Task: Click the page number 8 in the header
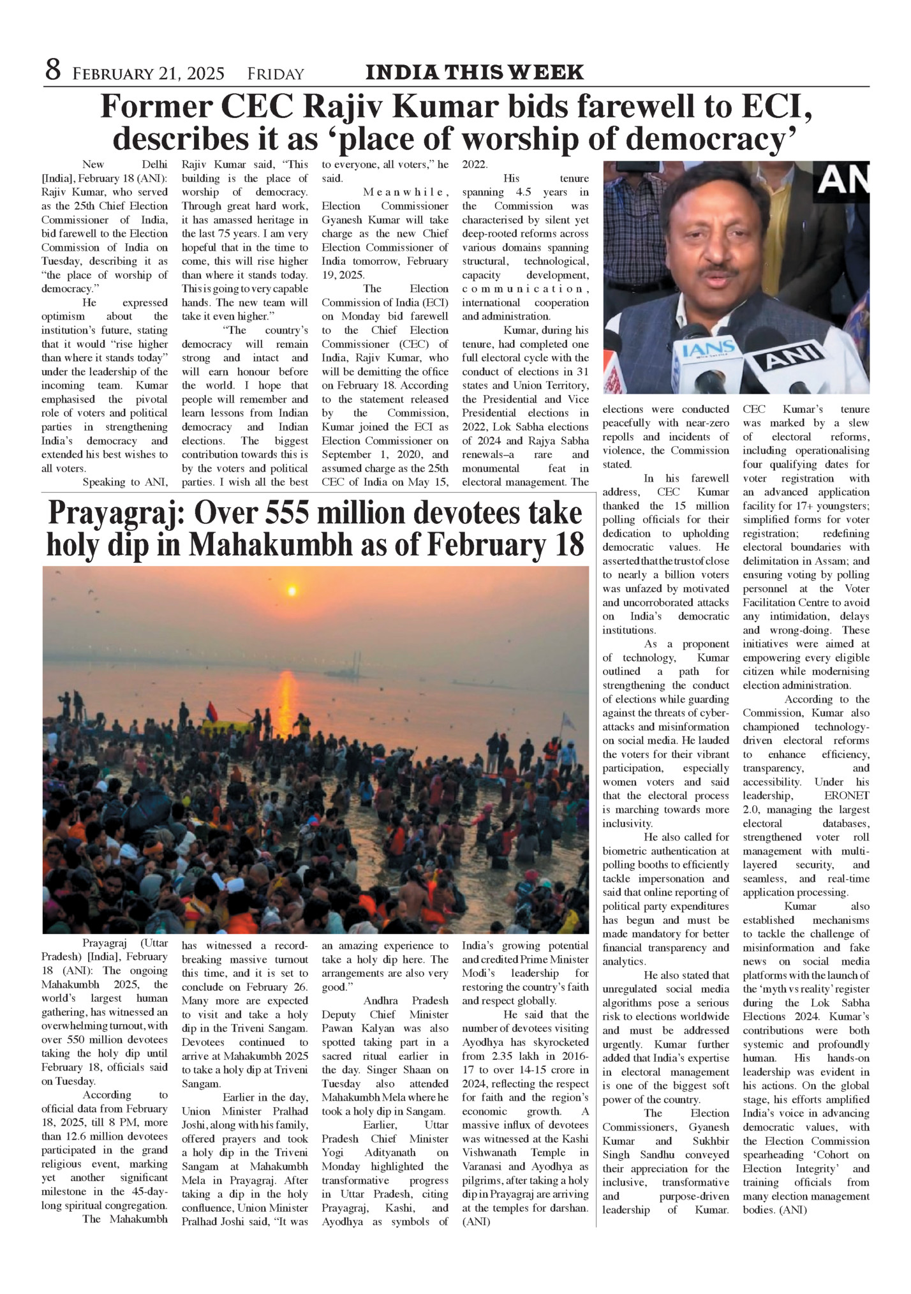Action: (x=53, y=70)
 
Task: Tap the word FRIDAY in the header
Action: (x=276, y=74)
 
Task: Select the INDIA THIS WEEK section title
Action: (x=474, y=72)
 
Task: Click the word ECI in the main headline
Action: (x=774, y=107)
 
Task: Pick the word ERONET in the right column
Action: (x=846, y=796)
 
